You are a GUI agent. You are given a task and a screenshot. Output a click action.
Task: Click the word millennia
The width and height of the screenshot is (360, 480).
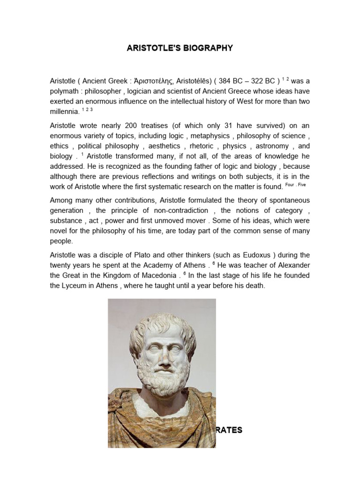[65, 112]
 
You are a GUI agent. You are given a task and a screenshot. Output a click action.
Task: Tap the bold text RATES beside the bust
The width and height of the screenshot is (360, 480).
[229, 430]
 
